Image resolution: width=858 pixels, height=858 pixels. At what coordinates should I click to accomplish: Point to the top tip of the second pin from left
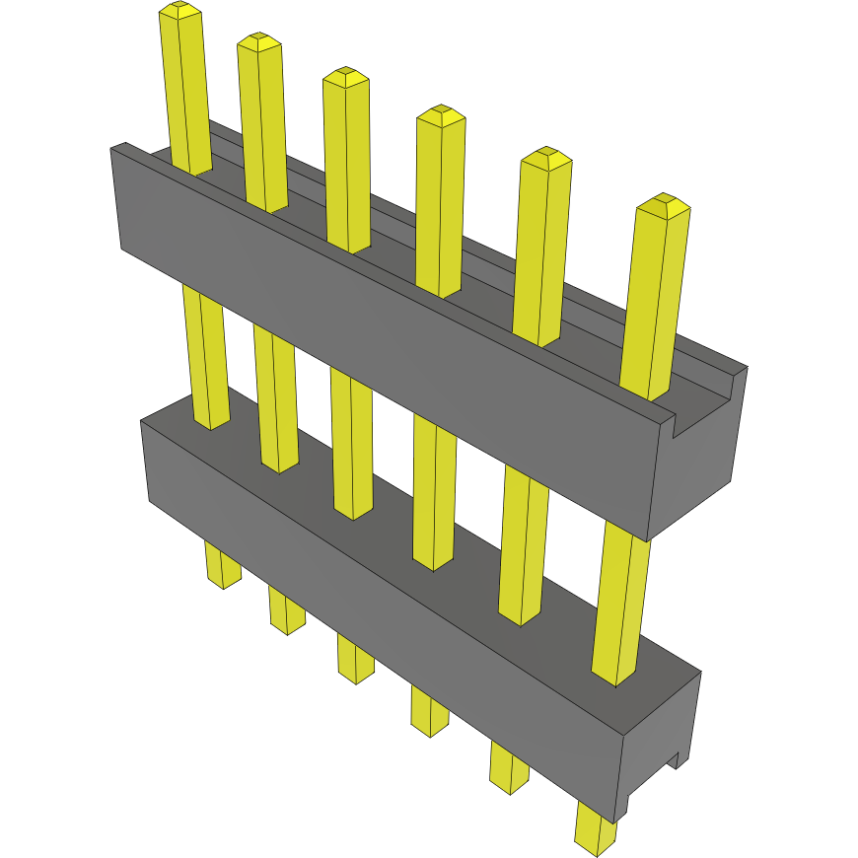pos(258,42)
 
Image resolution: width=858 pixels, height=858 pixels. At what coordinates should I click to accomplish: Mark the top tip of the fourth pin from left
pos(441,114)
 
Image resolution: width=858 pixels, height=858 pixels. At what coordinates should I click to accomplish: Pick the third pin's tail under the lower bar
pos(355,659)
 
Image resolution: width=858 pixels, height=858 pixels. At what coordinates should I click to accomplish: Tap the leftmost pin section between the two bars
pos(205,355)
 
